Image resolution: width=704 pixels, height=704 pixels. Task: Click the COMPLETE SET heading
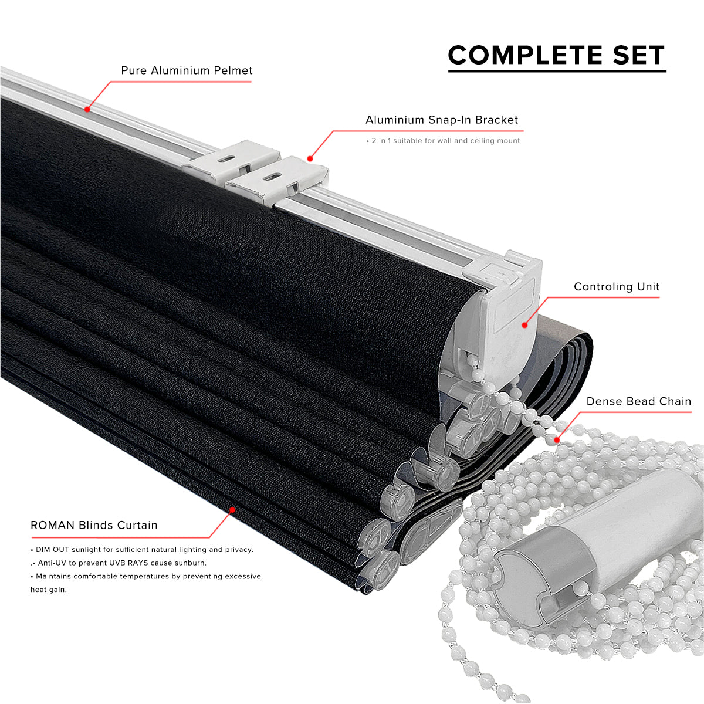click(556, 55)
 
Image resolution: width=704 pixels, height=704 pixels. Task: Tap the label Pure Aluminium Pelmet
click(187, 70)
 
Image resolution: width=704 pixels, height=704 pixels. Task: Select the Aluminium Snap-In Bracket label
click(442, 120)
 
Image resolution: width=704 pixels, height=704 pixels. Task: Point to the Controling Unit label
click(617, 287)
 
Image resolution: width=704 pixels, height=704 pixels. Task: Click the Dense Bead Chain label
click(639, 401)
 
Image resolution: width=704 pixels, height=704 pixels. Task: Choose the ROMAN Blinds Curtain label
click(94, 525)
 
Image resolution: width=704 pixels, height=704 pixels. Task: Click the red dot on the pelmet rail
click(87, 109)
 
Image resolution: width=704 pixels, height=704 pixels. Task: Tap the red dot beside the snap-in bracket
click(310, 158)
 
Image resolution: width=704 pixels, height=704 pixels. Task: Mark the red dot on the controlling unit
click(524, 325)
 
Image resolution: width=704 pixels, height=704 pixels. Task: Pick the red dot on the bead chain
click(557, 440)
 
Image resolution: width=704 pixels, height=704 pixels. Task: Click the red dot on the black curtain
click(232, 510)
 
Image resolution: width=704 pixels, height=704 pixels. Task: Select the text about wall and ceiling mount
click(443, 141)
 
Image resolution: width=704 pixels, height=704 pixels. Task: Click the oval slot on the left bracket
click(229, 159)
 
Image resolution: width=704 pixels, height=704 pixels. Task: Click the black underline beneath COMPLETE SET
click(557, 71)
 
